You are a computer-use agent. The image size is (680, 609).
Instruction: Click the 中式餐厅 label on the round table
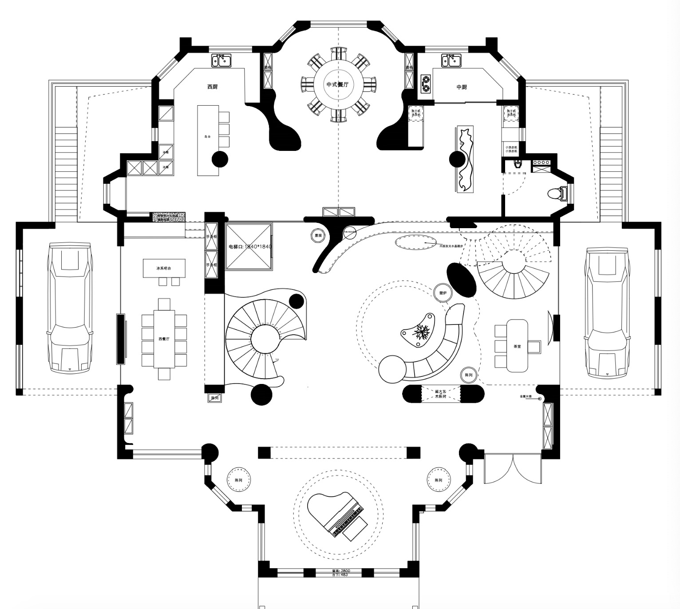338,84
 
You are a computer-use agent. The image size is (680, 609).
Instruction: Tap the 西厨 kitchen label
212,87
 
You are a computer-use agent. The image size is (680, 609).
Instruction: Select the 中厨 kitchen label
462,87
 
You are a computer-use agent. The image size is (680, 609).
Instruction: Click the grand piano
339,517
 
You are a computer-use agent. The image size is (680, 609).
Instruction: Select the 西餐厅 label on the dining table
164,339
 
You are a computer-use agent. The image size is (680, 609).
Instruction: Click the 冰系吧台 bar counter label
164,269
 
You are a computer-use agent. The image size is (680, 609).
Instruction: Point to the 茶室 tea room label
517,334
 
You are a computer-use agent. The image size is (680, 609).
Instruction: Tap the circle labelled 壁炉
443,293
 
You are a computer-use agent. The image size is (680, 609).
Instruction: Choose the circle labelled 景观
318,236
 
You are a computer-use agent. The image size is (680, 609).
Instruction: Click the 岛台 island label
207,137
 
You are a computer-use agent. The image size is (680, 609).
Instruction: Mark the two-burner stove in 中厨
426,83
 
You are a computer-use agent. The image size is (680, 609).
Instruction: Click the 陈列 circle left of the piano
238,480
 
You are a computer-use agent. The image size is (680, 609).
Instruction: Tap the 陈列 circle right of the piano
438,480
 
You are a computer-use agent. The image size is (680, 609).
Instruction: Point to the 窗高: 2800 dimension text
341,571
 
